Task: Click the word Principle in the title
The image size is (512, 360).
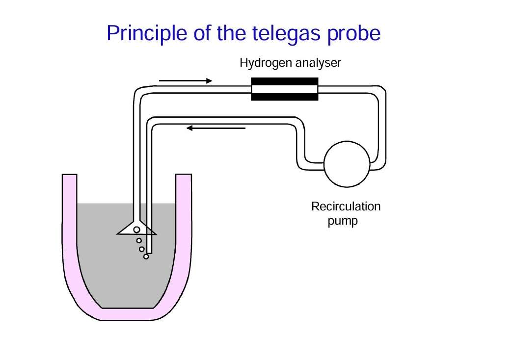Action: click(x=147, y=33)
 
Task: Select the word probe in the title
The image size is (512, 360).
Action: click(x=353, y=34)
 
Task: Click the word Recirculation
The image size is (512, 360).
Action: click(x=346, y=206)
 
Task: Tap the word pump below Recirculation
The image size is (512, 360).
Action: click(x=343, y=221)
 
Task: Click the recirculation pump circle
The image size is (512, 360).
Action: click(x=347, y=164)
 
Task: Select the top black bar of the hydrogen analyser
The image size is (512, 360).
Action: click(x=284, y=81)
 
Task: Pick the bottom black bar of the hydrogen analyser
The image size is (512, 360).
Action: click(x=284, y=97)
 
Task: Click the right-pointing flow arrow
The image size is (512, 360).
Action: click(x=186, y=80)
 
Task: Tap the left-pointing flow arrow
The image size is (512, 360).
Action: click(x=216, y=129)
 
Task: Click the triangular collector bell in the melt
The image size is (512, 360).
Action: click(x=137, y=228)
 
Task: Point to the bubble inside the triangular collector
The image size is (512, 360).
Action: click(x=136, y=230)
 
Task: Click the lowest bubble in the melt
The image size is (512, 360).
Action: click(x=146, y=257)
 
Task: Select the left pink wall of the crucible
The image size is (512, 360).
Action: click(x=69, y=229)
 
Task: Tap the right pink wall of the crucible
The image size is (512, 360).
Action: click(x=184, y=229)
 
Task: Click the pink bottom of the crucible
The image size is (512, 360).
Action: click(x=127, y=314)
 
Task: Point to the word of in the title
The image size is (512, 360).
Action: click(x=202, y=33)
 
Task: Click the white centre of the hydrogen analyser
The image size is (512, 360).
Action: click(x=284, y=89)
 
